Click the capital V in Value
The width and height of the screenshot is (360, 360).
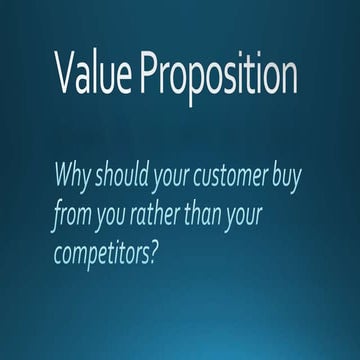pyautogui.click(x=67, y=76)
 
